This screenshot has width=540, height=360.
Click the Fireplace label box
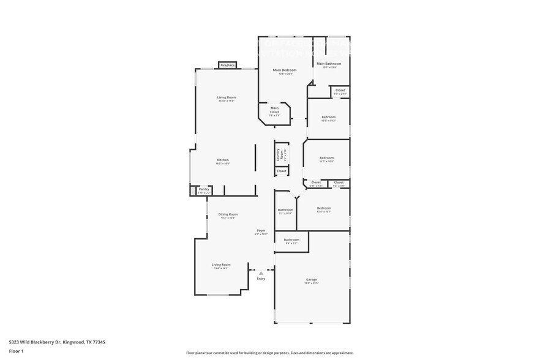228,65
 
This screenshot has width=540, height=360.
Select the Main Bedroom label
285,70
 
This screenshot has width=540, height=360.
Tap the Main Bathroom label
329,64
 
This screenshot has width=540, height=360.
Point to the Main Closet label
275,110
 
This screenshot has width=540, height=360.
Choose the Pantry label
204,189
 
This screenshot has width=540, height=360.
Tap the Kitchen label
222,160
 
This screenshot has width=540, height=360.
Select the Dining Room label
228,214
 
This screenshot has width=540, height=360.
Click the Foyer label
261,230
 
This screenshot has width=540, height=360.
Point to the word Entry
261,279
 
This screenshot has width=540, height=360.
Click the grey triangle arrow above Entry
261,272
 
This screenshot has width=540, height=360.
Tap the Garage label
312,280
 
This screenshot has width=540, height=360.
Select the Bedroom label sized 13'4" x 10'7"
324,208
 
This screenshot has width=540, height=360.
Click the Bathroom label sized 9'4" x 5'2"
291,239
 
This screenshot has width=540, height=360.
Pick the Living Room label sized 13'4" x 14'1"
220,264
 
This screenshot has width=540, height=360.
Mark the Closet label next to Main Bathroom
340,91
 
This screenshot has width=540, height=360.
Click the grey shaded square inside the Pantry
194,191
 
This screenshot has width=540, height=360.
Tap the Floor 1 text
16,351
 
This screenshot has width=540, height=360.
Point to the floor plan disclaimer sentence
269,353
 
